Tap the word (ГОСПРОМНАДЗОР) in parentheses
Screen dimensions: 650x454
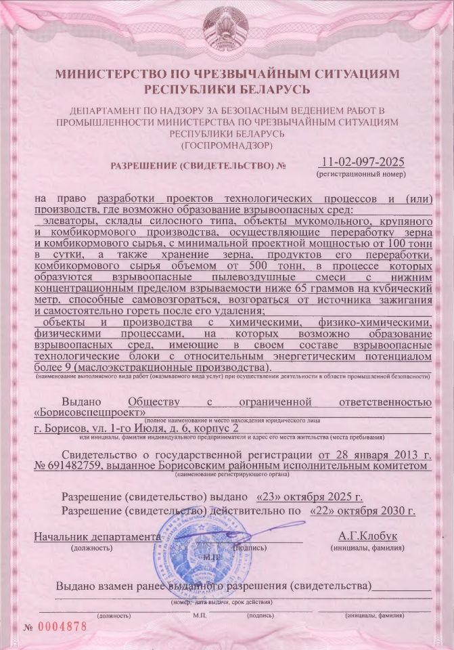(227, 145)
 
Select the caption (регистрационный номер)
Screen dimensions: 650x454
(361, 175)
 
